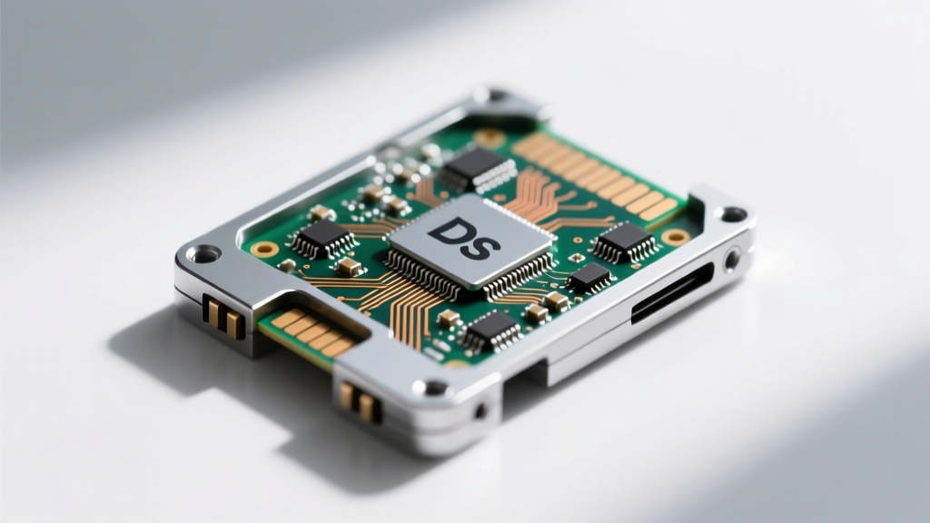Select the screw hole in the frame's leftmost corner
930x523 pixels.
(x=204, y=255)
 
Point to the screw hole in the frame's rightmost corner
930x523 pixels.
(x=733, y=213)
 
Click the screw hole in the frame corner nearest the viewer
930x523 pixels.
(x=435, y=389)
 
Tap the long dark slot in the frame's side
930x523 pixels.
(x=672, y=293)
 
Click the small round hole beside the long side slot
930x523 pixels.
(x=733, y=259)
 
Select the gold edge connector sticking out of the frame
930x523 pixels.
(x=312, y=332)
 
